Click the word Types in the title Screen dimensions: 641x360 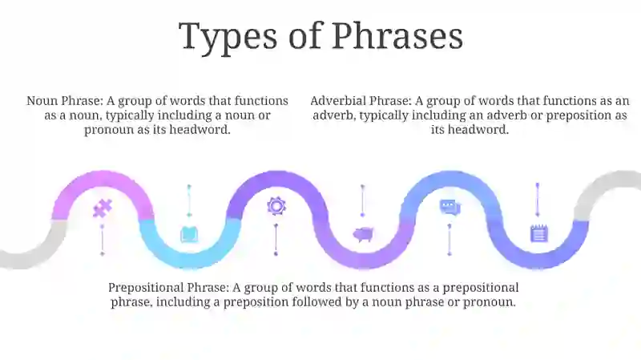coord(228,37)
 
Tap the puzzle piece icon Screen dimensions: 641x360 coord(103,208)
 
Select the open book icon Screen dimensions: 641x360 coord(189,234)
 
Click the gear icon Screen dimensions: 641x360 coord(276,206)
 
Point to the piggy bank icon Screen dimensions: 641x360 coord(363,234)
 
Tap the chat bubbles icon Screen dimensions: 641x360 coord(450,207)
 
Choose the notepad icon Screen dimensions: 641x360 coord(538,233)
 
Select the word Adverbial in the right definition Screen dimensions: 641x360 coord(339,101)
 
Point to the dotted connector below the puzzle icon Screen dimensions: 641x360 coord(103,240)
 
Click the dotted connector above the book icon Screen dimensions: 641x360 coord(189,201)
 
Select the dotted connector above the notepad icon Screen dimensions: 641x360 coord(538,200)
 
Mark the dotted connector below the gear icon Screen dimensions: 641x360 coord(276,240)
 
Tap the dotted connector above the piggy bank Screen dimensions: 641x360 coord(362,200)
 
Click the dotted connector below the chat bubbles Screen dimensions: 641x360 coord(450,240)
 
